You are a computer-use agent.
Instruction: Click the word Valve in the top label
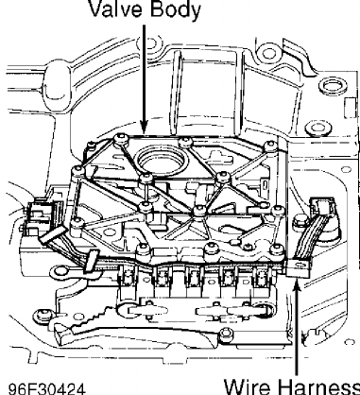click(x=116, y=9)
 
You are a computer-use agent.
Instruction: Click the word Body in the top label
click(x=175, y=10)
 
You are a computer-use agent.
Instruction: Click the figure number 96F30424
click(x=46, y=388)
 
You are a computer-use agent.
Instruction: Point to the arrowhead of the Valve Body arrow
click(x=144, y=129)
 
